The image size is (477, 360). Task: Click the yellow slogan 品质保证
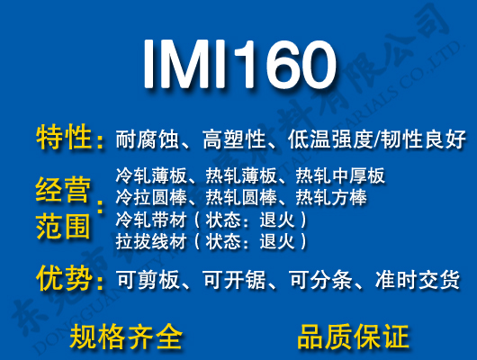[x=354, y=336]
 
